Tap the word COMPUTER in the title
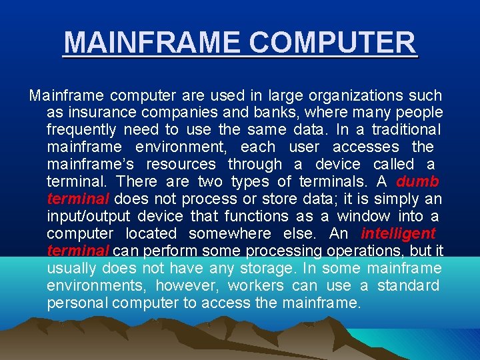click(x=328, y=43)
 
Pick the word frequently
click(x=81, y=130)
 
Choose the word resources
click(x=181, y=165)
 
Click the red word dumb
click(x=417, y=182)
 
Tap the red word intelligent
click(x=398, y=234)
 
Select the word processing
click(x=291, y=251)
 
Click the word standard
click(x=408, y=286)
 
